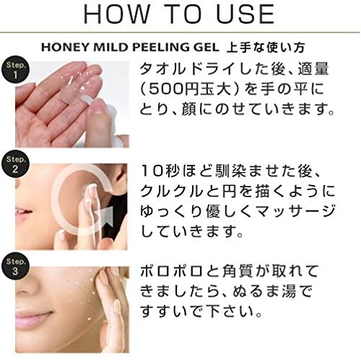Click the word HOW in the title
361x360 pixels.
(116, 14)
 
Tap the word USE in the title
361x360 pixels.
(245, 14)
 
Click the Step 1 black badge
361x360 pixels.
(15, 69)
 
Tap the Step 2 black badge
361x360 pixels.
(15, 164)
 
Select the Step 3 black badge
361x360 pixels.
(15, 266)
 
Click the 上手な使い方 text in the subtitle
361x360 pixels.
(266, 47)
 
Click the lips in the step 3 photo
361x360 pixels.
(34, 320)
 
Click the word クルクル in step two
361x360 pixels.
(171, 192)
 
